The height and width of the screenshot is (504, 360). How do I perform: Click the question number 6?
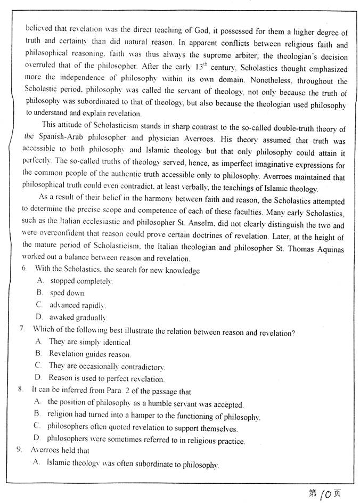pos(24,270)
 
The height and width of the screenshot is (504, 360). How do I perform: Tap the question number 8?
pos(20,389)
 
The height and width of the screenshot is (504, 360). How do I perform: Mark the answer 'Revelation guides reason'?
pos(89,354)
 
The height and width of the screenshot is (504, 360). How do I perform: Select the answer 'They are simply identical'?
pos(91,342)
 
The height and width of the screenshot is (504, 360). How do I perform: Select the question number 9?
pos(19,451)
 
